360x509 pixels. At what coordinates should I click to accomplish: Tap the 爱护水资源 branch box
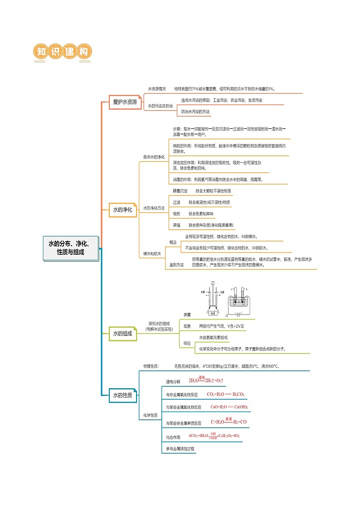(125, 102)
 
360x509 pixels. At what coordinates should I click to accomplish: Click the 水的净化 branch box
(122, 210)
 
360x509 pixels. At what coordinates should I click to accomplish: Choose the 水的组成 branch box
(122, 334)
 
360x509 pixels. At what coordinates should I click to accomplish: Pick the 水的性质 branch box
(122, 395)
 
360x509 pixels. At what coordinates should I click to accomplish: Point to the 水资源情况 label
(157, 89)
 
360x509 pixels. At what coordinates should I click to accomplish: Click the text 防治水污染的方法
(195, 111)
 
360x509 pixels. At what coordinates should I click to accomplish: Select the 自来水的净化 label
(154, 157)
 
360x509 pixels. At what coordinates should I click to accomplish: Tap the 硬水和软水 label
(152, 253)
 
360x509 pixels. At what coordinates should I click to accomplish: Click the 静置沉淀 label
(180, 191)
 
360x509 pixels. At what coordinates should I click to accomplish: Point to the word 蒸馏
(177, 225)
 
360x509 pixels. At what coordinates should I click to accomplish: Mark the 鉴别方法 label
(177, 264)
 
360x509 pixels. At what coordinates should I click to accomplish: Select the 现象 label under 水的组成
(187, 326)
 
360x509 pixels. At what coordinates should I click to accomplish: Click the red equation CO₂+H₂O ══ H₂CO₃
(225, 394)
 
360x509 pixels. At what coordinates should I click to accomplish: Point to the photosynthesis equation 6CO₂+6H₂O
(214, 436)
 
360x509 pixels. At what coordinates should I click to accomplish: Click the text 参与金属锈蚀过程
(180, 449)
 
